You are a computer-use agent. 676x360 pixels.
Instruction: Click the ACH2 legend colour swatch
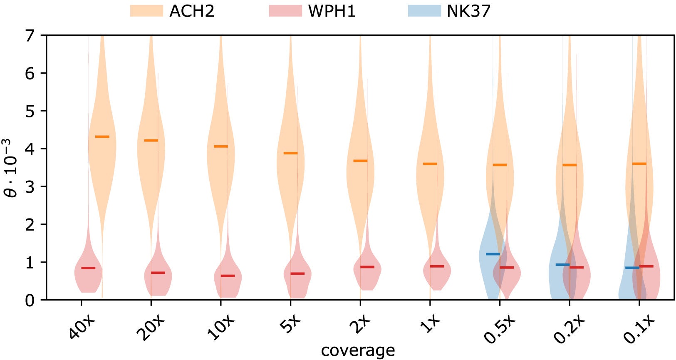[x=146, y=11]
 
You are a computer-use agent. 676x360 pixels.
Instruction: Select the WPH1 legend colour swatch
[x=285, y=11]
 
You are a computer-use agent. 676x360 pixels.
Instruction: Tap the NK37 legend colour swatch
[x=424, y=11]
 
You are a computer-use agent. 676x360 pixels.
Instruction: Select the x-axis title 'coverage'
[x=358, y=350]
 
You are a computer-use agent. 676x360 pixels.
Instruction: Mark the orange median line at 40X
[x=102, y=137]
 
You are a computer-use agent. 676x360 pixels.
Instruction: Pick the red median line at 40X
[x=88, y=268]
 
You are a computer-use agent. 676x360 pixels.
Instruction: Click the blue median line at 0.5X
[x=493, y=254]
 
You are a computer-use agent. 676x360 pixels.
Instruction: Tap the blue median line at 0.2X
[x=562, y=265]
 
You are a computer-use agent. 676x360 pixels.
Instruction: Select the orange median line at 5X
[x=290, y=153]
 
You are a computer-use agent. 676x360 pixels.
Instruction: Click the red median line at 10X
[x=228, y=276]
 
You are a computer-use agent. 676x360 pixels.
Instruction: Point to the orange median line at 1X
[x=430, y=164]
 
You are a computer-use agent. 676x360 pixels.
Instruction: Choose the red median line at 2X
[x=367, y=267]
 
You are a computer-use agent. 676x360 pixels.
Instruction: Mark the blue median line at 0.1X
[x=632, y=268]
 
